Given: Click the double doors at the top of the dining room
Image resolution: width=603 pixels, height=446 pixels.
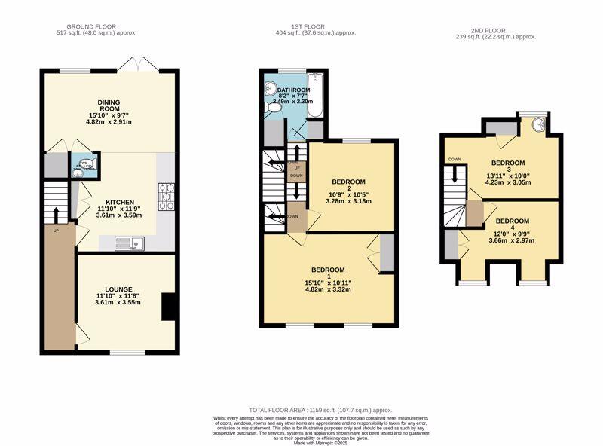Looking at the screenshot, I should pos(139,65).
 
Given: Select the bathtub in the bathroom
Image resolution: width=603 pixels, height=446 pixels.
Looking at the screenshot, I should pos(314,96).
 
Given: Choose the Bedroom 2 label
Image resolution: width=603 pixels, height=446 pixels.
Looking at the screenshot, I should pos(349,182).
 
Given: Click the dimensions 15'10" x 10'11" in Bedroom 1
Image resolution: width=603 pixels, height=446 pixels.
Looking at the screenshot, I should pos(329,283).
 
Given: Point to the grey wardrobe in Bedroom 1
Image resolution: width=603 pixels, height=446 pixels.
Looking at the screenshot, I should pos(387,253).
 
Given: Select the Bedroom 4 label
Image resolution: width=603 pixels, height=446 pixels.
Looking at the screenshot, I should pos(513,221).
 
